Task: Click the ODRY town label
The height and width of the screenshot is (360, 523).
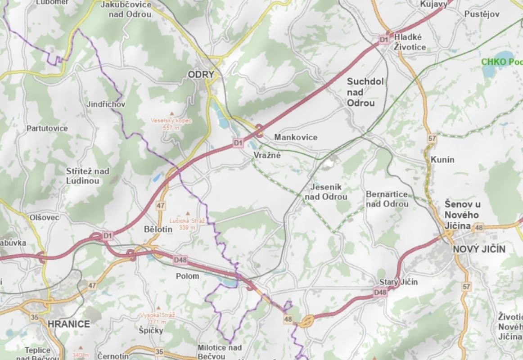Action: click(201, 74)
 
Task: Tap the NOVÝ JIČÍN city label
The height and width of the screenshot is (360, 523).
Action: click(479, 249)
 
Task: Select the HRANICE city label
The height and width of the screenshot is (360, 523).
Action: click(69, 324)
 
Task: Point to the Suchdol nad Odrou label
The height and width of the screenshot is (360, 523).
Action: click(365, 92)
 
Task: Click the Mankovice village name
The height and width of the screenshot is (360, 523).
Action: click(296, 137)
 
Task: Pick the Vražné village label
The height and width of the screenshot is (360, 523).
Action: click(267, 155)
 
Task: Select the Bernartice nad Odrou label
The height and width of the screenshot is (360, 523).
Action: click(388, 199)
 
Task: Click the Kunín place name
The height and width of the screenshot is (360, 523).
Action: click(442, 159)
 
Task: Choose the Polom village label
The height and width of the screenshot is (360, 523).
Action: click(187, 276)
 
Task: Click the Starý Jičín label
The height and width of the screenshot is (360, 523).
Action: click(398, 282)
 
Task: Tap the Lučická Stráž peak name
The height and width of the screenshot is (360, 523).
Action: click(187, 221)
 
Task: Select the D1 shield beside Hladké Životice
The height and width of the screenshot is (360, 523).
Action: click(383, 40)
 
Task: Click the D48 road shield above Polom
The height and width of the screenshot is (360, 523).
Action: click(180, 260)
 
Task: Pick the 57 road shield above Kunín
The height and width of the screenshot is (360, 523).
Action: click(432, 139)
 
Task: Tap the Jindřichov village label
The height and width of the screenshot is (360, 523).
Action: click(106, 104)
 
